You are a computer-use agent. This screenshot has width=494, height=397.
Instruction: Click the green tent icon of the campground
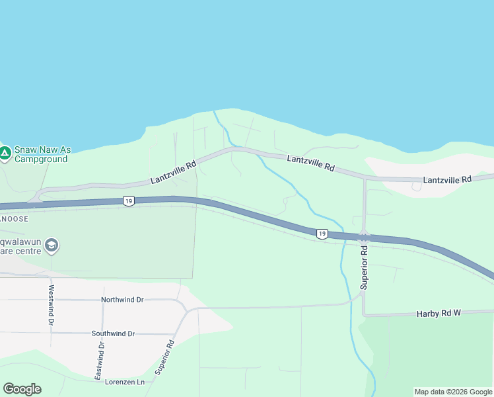coord(5,154)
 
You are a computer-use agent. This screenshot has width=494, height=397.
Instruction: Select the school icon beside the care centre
coord(52,247)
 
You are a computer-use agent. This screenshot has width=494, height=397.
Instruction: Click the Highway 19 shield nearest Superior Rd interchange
coord(322,234)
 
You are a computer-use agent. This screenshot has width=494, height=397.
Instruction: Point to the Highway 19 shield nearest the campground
coord(128,200)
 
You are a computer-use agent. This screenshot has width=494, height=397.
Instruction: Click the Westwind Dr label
coord(51,304)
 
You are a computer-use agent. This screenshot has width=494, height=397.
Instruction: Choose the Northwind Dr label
coord(122,300)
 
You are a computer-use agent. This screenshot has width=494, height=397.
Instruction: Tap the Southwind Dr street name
coord(113,333)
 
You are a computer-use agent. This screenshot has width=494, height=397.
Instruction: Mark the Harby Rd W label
coord(438,312)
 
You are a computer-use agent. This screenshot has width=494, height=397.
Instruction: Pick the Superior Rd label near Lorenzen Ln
coord(164,357)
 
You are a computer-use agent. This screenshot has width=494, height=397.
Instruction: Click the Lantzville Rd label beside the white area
coord(447,179)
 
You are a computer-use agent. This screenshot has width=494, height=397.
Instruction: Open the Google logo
coord(22,389)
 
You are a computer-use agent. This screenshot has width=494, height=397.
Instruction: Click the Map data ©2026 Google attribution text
coord(453,392)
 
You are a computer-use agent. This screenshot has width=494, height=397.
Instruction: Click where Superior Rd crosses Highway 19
coord(364,237)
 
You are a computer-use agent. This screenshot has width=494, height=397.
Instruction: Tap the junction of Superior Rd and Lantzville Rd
coord(364,178)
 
